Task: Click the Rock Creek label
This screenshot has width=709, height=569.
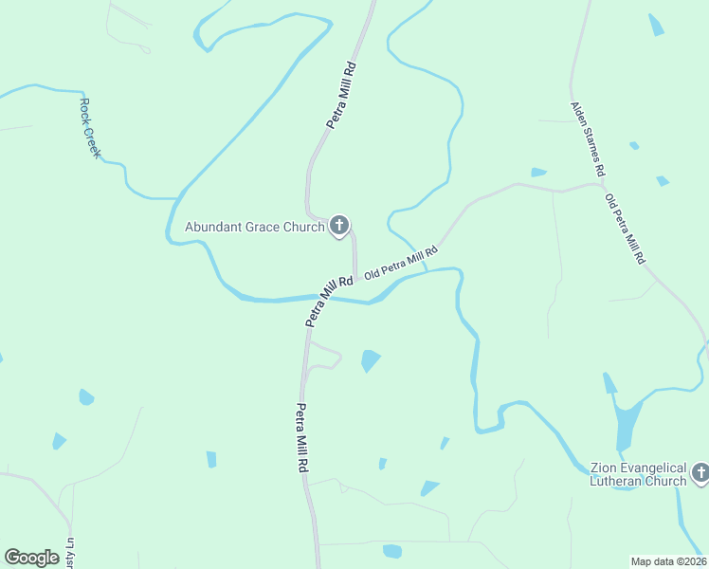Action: (x=90, y=128)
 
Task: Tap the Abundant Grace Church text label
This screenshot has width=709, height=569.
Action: (x=254, y=228)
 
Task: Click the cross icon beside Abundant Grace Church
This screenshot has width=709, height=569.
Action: (x=339, y=226)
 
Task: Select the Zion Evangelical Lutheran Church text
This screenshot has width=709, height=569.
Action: (x=637, y=474)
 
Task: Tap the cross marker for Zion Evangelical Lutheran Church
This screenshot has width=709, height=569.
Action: (x=700, y=471)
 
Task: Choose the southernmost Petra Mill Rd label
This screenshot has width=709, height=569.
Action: (x=301, y=438)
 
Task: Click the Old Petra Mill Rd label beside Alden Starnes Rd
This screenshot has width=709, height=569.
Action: (x=626, y=229)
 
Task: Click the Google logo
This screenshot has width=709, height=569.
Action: (x=31, y=558)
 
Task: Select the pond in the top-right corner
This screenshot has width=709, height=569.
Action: (x=656, y=26)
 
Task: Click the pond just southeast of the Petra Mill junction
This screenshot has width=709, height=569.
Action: (x=370, y=360)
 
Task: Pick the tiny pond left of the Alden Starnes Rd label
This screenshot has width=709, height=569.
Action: (x=538, y=173)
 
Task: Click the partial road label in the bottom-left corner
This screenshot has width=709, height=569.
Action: (x=67, y=553)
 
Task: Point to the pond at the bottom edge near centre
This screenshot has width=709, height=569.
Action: (x=392, y=551)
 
